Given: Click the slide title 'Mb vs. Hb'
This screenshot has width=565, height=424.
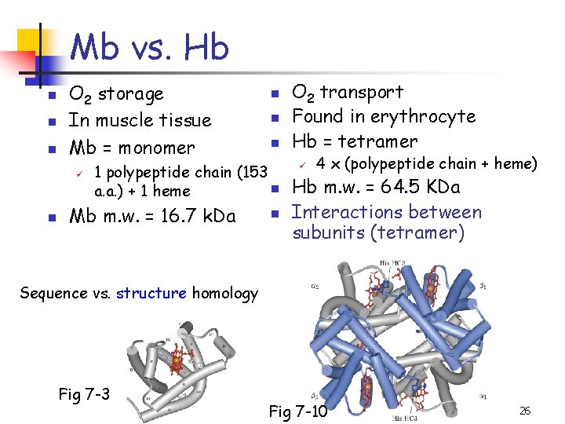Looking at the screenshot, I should click(x=149, y=49).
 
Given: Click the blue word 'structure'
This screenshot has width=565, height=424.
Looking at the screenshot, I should click(x=151, y=294).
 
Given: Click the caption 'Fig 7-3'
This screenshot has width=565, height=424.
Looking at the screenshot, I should click(x=84, y=393).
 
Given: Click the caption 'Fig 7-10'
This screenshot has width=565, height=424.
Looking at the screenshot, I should click(x=298, y=411).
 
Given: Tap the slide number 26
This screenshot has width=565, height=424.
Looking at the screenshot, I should click(x=525, y=411).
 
